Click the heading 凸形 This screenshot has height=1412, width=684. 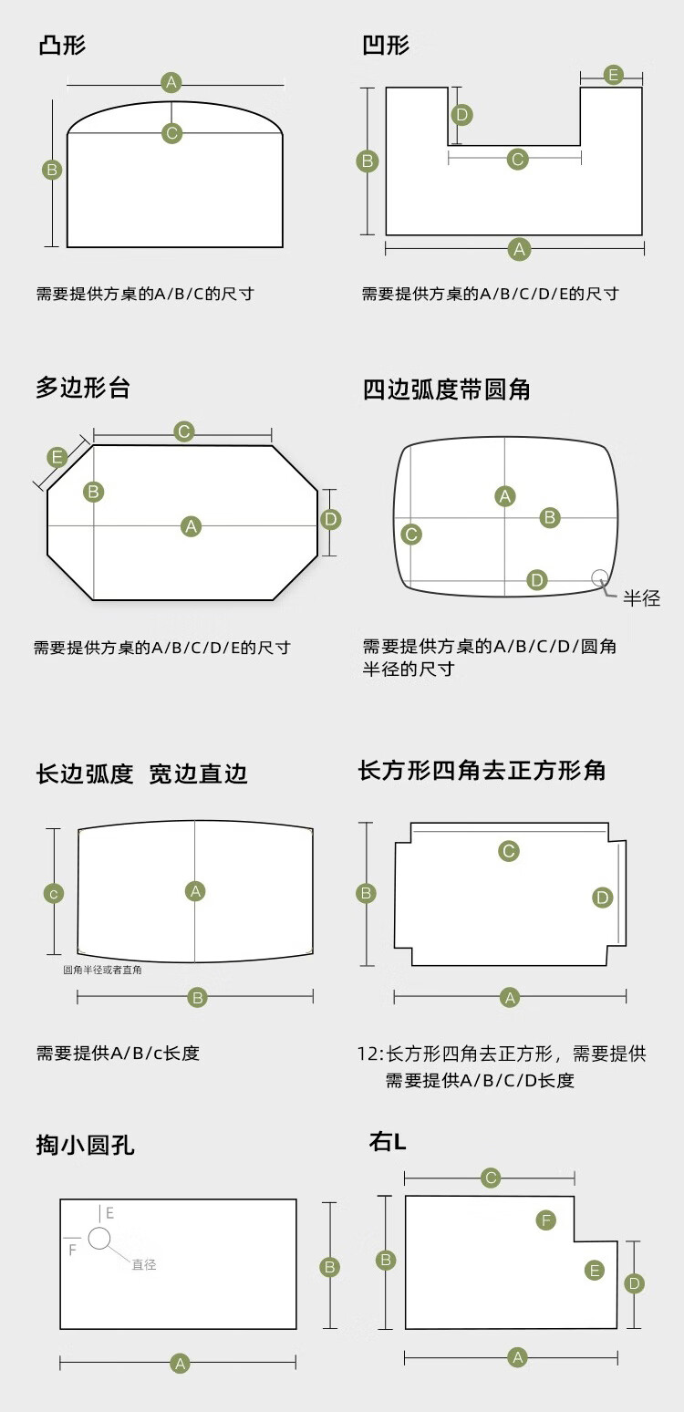click(62, 46)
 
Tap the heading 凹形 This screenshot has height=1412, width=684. click(386, 46)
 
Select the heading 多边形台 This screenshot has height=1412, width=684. click(83, 388)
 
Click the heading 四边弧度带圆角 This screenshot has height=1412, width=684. click(446, 389)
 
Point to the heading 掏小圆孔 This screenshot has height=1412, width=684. click(85, 1146)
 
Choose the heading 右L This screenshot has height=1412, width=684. click(388, 1141)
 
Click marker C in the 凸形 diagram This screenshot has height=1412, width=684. click(171, 133)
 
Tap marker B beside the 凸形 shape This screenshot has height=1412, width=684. click(52, 170)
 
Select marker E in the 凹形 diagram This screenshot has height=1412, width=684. click(613, 75)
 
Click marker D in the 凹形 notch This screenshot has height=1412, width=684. click(462, 115)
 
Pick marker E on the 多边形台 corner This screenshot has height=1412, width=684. click(57, 457)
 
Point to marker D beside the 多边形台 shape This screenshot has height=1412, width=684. click(330, 520)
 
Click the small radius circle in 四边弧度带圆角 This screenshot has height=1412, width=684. click(599, 576)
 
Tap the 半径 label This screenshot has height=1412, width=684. click(641, 599)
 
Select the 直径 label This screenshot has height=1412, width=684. click(144, 1265)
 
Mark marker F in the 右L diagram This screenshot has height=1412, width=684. click(545, 1220)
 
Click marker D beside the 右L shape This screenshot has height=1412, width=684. click(635, 1284)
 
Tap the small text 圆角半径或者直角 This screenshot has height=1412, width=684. click(102, 970)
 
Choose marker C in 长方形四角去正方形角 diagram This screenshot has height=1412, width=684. click(509, 851)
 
